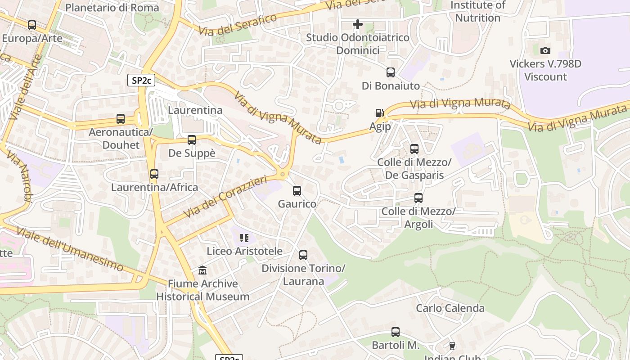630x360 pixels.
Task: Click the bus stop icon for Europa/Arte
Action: click(x=32, y=25)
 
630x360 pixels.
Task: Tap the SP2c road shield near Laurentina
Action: click(x=141, y=81)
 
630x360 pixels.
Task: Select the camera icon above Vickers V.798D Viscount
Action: click(x=545, y=50)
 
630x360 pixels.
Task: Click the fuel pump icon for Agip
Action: click(x=380, y=113)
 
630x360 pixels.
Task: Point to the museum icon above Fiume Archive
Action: click(x=202, y=270)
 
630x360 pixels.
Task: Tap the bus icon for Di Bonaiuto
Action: click(x=391, y=72)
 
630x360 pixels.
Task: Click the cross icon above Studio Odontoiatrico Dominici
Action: click(x=358, y=24)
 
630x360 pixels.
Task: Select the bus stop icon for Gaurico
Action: click(x=297, y=191)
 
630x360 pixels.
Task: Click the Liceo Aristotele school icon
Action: click(x=244, y=238)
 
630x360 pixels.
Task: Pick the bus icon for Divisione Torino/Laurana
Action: click(x=303, y=255)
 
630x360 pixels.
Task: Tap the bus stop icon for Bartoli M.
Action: click(x=396, y=332)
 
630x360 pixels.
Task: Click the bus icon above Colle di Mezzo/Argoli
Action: click(x=418, y=198)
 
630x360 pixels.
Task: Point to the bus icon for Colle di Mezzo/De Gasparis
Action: click(x=414, y=149)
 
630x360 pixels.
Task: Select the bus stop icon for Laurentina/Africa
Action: click(x=154, y=174)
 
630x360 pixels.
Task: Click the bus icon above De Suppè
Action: click(x=192, y=140)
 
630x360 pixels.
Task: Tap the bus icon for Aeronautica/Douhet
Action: click(x=121, y=119)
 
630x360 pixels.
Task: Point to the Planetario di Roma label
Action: click(x=112, y=8)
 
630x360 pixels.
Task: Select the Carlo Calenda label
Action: click(x=450, y=308)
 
